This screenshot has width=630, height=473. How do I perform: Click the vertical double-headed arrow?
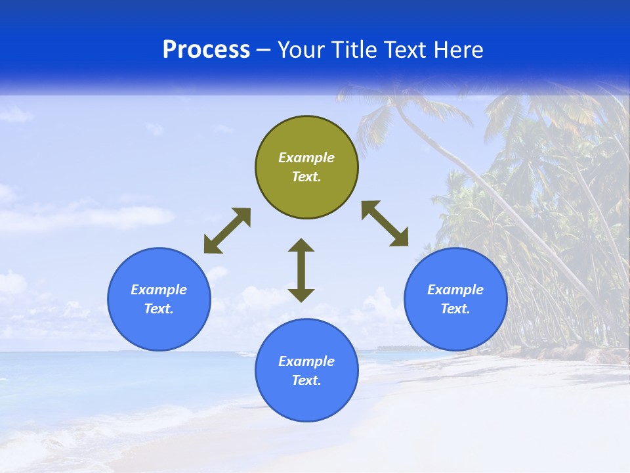pyautogui.click(x=301, y=270)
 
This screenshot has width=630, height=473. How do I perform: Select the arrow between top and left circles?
pyautogui.click(x=227, y=231)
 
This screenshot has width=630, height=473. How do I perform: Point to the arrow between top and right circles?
pyautogui.click(x=385, y=223)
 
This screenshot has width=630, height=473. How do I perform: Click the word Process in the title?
pyautogui.click(x=206, y=50)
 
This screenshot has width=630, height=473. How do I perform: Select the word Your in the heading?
pyautogui.click(x=301, y=50)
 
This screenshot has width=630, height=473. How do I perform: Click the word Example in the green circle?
pyautogui.click(x=306, y=158)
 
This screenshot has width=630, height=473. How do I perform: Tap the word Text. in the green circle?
pyautogui.click(x=306, y=177)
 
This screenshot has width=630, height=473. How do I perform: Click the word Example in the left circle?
pyautogui.click(x=159, y=290)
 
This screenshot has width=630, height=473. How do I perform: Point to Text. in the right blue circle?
pyautogui.click(x=455, y=309)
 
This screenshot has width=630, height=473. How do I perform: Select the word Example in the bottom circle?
pyautogui.click(x=306, y=361)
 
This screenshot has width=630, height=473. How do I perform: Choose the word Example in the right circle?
pyautogui.click(x=455, y=290)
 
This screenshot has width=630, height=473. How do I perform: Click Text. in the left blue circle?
pyautogui.click(x=159, y=309)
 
